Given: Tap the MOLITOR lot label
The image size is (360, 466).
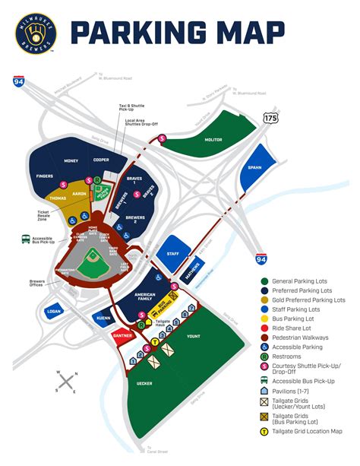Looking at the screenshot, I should [213, 138].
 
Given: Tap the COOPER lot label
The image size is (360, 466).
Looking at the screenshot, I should [101, 160].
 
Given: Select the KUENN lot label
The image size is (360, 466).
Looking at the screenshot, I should [103, 318].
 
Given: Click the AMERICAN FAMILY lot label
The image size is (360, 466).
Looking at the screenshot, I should [144, 296].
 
